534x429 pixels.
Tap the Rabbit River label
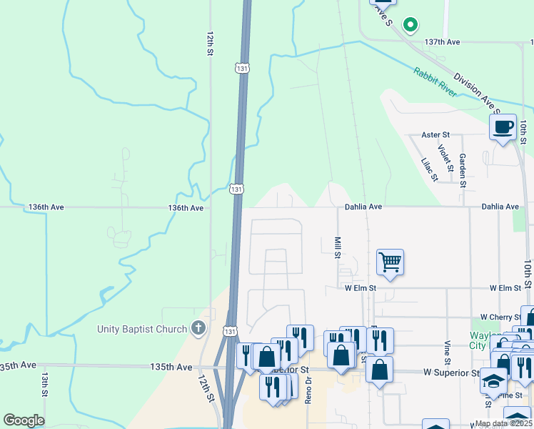coord(435,82)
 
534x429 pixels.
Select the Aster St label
coord(435,134)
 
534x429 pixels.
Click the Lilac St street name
coord(428,170)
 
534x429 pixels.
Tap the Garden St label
coord(463,170)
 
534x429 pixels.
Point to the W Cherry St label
coord(503,317)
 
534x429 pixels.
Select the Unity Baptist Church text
coord(142,330)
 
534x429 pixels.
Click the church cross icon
coord(198,330)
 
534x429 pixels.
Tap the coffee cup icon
coord(503,127)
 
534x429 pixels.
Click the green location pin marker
coord(410,25)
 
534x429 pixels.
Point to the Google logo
coord(24,420)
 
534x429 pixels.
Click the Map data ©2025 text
coord(503,423)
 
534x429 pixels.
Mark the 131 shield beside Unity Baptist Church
coord(228,332)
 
